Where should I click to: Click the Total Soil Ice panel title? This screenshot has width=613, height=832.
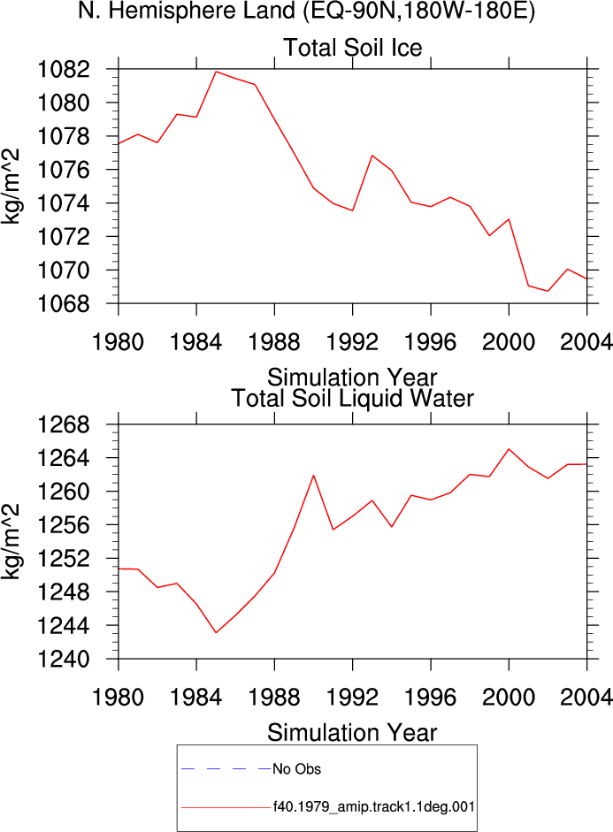(352, 47)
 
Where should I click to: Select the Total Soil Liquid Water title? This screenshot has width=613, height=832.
(352, 398)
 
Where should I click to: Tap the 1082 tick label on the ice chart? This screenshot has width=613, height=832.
(64, 69)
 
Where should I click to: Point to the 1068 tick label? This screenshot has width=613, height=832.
(64, 304)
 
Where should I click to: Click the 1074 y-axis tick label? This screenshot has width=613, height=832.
(64, 203)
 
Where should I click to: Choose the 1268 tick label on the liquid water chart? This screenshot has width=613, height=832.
(64, 424)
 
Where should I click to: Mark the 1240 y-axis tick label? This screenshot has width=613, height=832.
(64, 659)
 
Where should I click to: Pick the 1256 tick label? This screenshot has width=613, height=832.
(64, 525)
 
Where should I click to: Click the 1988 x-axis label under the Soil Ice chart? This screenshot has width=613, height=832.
(274, 341)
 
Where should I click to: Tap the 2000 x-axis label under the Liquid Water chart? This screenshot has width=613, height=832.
(509, 697)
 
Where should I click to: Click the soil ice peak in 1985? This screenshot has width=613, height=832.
(216, 71)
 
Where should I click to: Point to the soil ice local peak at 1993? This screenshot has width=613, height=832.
(372, 156)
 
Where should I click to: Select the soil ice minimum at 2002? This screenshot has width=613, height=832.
(548, 291)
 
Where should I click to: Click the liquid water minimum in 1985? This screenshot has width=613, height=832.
(216, 632)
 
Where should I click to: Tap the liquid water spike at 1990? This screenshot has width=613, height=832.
(314, 475)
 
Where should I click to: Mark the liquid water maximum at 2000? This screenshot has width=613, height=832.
(509, 449)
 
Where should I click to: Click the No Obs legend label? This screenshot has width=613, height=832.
(296, 769)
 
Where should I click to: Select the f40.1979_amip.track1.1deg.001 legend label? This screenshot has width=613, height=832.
(373, 807)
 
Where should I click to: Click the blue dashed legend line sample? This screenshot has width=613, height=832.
(226, 768)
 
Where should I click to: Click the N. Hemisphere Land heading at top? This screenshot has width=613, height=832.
(307, 11)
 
